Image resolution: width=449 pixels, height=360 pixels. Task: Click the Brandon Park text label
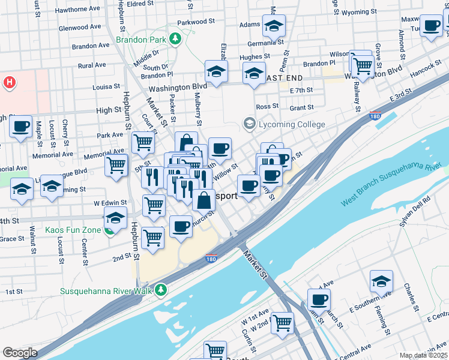point(141,40)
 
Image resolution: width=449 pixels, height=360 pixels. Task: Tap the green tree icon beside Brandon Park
point(175,40)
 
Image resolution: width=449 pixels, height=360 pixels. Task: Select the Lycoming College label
point(292,125)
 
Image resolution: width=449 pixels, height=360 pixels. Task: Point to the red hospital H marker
point(9,82)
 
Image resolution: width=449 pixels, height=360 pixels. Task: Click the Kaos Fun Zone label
point(73,229)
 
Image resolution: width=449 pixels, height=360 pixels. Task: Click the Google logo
point(20,353)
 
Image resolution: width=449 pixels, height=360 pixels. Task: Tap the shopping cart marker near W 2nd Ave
point(282,322)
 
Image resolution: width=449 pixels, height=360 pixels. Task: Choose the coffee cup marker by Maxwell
point(431,26)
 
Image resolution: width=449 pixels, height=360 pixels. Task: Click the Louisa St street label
point(107,87)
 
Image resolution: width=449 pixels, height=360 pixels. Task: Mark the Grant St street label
point(301,108)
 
